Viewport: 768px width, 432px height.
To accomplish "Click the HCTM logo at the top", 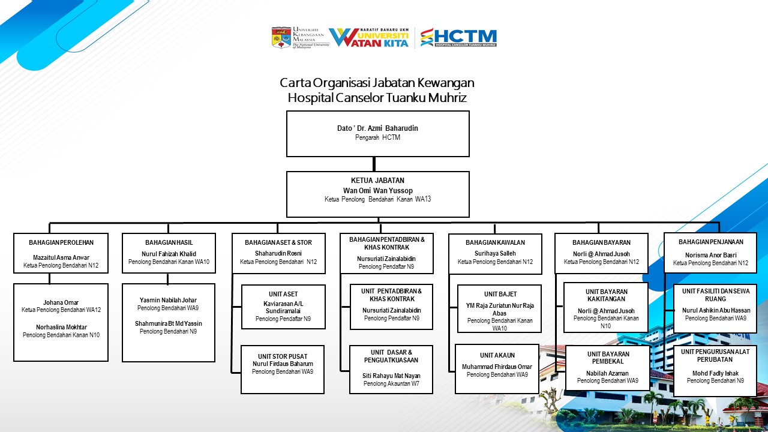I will tap(458, 37).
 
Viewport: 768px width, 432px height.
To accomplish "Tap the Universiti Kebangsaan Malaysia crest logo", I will tap(281, 37).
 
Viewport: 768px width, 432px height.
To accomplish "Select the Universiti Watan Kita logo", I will tap(369, 37).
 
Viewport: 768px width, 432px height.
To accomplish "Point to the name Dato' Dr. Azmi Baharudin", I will tap(377, 128).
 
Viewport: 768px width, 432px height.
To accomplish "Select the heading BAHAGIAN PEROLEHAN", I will tap(61, 242).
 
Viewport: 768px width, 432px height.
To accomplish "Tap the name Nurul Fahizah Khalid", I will tap(168, 254).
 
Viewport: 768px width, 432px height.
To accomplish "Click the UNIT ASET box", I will tap(283, 307).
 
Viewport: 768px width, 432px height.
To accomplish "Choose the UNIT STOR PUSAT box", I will tap(283, 369).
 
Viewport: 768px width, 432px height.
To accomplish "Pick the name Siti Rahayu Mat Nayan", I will tap(391, 376).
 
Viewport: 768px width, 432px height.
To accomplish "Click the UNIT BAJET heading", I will tap(500, 294).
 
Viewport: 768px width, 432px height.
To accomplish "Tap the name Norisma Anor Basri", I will tap(710, 255).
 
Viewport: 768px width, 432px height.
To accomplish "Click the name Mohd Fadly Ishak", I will tap(715, 373).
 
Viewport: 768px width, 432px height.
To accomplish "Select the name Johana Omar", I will tap(61, 302).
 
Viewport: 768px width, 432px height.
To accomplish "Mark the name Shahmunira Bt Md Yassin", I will tap(168, 323).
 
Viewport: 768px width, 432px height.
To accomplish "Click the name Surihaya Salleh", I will tap(495, 253).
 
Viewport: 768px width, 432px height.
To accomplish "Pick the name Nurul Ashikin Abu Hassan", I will tap(716, 310).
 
